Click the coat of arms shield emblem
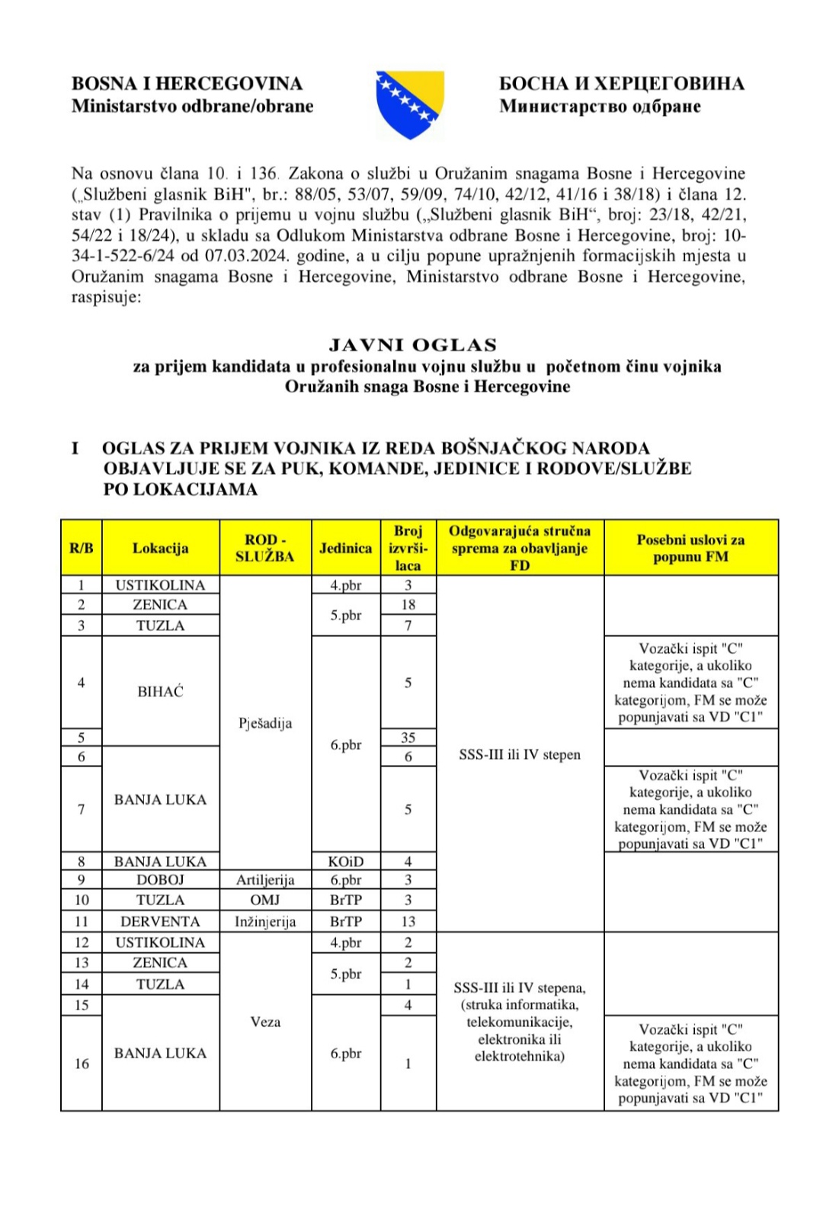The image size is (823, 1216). pos(410,105)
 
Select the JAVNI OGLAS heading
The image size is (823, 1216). pos(413,345)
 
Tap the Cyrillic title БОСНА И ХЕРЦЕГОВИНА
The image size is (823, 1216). pos(621,83)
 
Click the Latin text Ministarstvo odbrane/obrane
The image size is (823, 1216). pos(192,106)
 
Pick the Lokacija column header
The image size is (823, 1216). pos(160,548)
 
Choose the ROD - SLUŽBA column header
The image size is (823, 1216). pos(264,548)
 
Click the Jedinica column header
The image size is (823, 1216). pos(345,548)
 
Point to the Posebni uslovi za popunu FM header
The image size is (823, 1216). pos(690,548)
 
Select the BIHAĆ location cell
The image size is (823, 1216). pos(160,691)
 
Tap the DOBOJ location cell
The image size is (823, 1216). pos(160,879)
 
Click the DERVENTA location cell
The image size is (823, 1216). pos(160,921)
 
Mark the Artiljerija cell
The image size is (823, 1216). pos(264,879)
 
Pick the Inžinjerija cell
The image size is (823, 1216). pos(264,921)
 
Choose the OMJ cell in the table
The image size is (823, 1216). pos(264,900)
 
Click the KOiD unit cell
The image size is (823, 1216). pos(345,861)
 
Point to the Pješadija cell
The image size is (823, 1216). pos(264,723)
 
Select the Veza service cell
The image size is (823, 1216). pos(264,1022)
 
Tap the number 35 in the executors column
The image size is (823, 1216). pos(408,737)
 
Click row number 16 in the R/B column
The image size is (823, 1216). pos(82,1063)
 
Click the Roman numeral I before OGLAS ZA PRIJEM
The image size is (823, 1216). pos(75,448)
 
